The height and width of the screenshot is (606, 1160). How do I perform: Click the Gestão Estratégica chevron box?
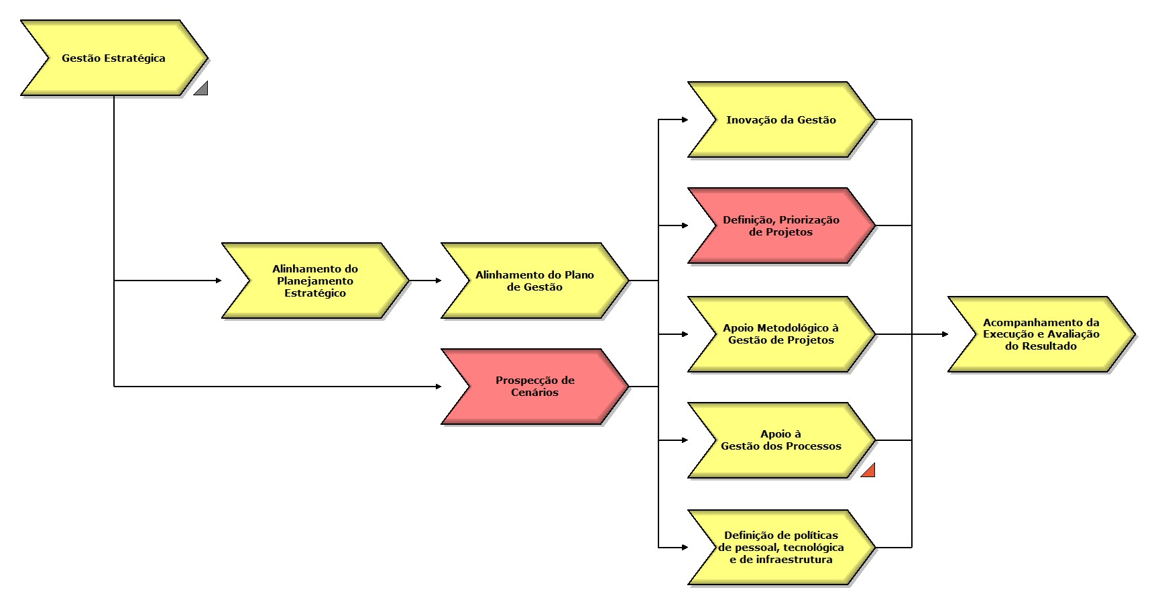(113, 58)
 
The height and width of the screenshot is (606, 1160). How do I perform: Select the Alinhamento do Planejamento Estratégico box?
(314, 281)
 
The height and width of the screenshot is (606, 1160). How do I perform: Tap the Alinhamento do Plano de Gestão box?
(534, 281)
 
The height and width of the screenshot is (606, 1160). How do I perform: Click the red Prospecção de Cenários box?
(534, 387)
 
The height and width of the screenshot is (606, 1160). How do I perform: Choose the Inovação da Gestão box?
(780, 120)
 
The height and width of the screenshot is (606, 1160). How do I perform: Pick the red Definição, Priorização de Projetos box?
(780, 226)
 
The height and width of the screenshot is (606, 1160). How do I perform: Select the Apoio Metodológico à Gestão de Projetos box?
(780, 334)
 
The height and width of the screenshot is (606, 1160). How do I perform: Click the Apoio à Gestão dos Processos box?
(780, 440)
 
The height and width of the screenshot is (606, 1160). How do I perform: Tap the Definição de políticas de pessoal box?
(780, 548)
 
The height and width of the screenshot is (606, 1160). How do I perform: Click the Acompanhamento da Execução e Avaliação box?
(1041, 334)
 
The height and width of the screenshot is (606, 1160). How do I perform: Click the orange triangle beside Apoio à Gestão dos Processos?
(870, 471)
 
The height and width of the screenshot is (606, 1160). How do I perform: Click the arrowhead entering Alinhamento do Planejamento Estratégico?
(219, 281)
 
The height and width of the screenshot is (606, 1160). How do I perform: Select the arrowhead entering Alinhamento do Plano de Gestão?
(439, 281)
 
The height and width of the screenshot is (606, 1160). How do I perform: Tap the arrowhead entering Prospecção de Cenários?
(439, 387)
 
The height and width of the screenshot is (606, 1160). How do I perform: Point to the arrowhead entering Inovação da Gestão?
(685, 120)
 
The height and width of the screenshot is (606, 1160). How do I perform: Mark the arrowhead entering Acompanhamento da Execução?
(945, 334)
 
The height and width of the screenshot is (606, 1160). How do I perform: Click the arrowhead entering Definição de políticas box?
(685, 548)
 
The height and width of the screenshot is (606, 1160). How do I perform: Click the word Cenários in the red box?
(534, 393)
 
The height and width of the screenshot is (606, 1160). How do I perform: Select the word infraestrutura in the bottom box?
(793, 560)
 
